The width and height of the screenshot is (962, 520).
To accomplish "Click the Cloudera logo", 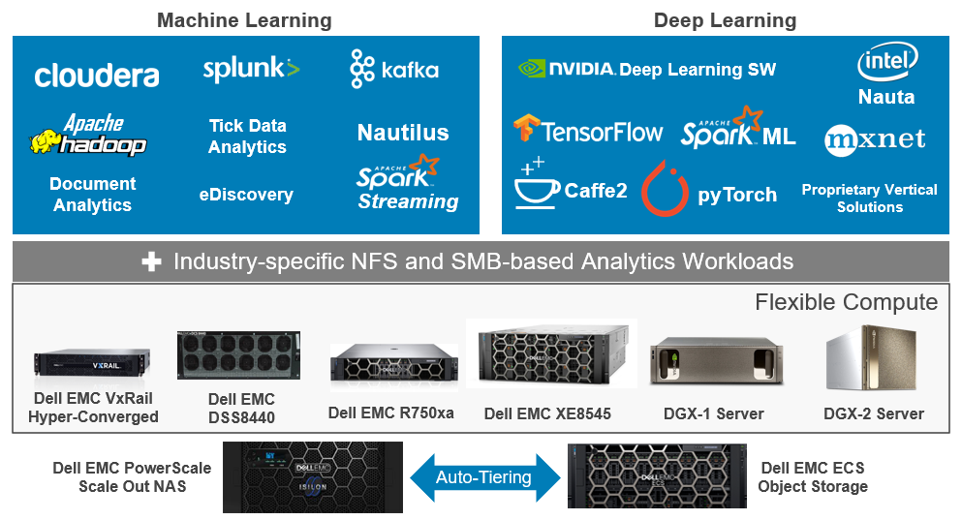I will tap(97, 75).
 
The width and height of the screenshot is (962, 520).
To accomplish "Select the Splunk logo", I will tap(251, 69).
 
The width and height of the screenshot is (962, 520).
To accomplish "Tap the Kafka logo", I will tap(394, 69).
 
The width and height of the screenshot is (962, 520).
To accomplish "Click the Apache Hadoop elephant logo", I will tap(88, 137).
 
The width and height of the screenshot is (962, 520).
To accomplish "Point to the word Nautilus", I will tap(403, 133).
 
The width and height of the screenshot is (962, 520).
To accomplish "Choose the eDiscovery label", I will tap(246, 195).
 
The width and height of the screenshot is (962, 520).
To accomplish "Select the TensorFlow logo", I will tap(588, 131).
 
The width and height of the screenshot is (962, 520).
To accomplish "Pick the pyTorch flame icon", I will tap(665, 189).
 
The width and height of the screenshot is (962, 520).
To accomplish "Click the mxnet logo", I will tap(875, 139).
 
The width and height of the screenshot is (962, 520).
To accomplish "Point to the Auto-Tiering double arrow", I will tap(483, 476).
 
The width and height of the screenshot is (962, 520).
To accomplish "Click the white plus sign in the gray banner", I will tap(151, 262).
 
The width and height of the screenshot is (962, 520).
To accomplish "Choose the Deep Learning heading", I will tap(725, 20).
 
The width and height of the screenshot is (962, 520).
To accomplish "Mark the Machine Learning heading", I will tap(244, 20).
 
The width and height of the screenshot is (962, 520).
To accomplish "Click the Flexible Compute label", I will tap(846, 302).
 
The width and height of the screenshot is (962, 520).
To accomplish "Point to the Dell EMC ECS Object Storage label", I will tap(813, 476).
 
